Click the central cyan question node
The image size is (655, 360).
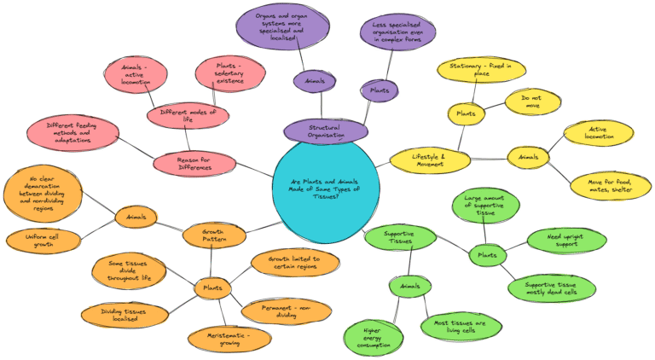click(x=327, y=190)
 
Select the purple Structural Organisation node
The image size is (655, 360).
click(x=326, y=131)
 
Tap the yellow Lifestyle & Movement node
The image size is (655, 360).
click(x=430, y=159)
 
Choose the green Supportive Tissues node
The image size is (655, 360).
click(x=399, y=238)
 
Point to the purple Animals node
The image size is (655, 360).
click(x=315, y=82)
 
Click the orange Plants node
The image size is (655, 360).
click(x=212, y=288)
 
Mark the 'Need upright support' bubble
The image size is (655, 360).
click(x=566, y=241)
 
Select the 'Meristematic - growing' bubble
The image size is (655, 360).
click(x=229, y=339)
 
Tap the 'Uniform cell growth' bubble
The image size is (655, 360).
click(x=43, y=240)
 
